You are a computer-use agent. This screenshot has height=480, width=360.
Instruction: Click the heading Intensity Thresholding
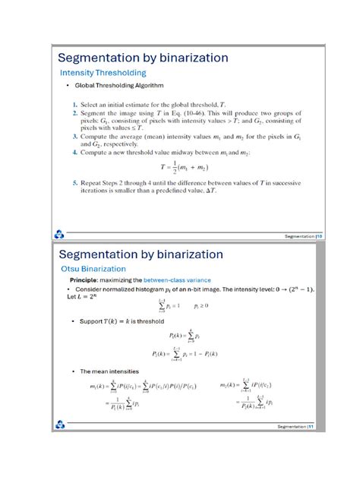pyautogui.click(x=103, y=73)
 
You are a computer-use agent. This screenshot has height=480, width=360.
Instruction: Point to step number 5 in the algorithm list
pyautogui.click(x=74, y=183)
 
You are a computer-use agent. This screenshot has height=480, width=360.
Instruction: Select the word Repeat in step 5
pyautogui.click(x=93, y=183)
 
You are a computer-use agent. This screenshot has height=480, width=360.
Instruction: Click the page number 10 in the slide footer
pyautogui.click(x=321, y=236)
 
